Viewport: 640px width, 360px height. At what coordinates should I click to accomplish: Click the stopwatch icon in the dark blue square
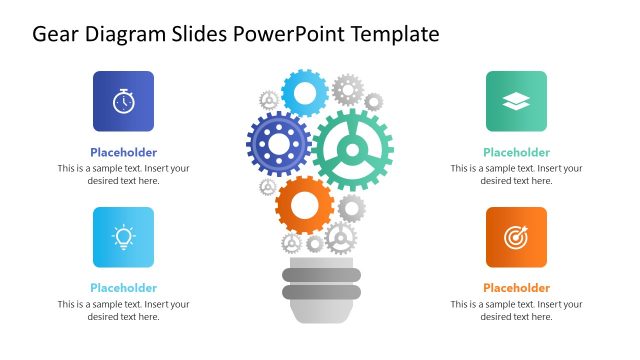point(123,101)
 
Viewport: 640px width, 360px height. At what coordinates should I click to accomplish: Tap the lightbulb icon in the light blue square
point(123,237)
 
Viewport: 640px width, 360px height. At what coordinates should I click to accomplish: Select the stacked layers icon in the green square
point(516,101)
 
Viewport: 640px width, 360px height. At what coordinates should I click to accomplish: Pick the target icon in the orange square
point(516,237)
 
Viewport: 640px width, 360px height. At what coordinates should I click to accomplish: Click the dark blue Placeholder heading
point(123,153)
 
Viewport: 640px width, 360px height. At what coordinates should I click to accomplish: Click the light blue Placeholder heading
point(123,288)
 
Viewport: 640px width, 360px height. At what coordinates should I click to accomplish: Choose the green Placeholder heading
point(516,153)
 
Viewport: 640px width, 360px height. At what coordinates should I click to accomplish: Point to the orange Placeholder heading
point(516,288)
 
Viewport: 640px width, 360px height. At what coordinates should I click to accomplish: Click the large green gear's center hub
point(352,150)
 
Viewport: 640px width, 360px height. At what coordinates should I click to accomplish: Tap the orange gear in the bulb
point(304,206)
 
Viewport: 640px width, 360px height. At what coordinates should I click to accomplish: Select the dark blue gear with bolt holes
point(277,144)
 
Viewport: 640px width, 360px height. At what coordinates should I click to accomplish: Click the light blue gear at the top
point(305,93)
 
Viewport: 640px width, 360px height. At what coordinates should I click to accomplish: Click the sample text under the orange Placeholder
point(516,310)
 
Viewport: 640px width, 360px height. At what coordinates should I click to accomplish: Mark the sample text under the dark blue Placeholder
point(123,174)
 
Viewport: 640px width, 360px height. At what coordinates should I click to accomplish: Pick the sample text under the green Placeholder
point(516,174)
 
